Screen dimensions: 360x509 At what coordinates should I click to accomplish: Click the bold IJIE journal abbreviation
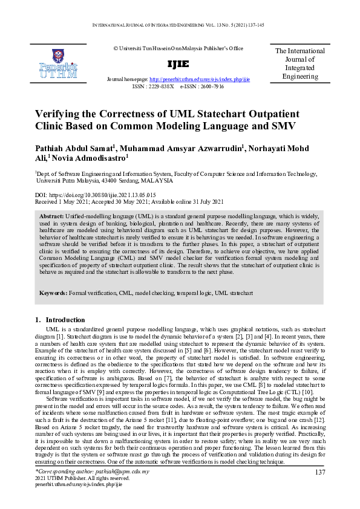pos(178,65)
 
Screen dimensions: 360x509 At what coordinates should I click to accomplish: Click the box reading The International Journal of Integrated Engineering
pos(300,65)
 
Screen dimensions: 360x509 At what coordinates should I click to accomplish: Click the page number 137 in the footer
pos(321,472)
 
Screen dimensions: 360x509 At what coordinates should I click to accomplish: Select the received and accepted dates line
pos(129,201)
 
